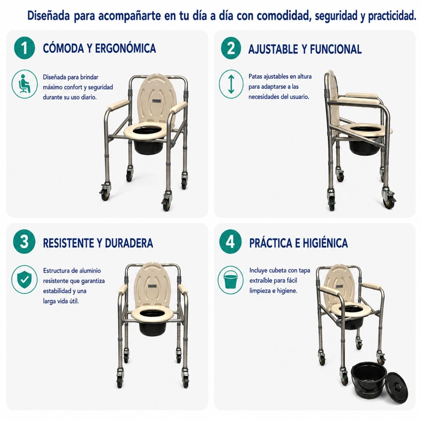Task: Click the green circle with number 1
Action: tap(24, 48)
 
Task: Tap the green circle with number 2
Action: tap(231, 48)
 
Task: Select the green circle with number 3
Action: tap(24, 242)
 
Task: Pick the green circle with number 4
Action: tap(230, 242)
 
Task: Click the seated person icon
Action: tap(24, 84)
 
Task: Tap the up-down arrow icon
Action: tap(231, 84)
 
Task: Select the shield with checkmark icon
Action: tap(24, 279)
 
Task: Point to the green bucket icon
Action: tap(230, 279)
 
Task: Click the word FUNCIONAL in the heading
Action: tap(336, 49)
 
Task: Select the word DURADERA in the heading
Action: tap(129, 243)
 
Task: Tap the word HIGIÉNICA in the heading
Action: tap(325, 243)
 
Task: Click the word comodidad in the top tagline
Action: tap(284, 16)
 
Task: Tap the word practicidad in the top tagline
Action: tap(392, 16)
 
